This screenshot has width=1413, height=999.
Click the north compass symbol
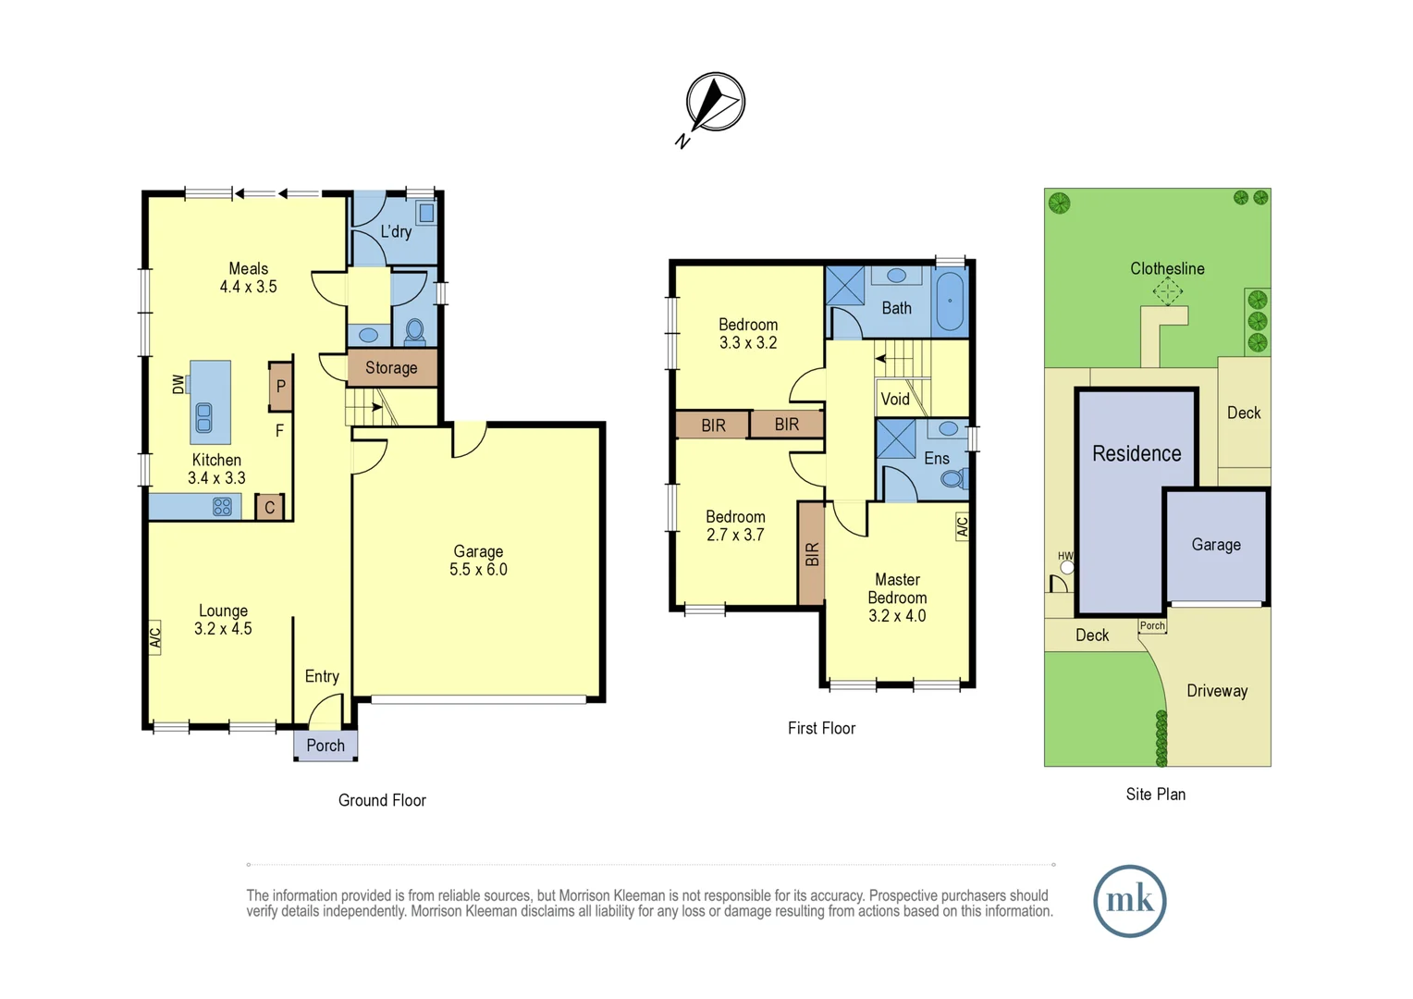click(x=715, y=102)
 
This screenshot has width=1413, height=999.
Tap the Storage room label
click(x=391, y=368)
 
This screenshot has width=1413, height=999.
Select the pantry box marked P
click(x=281, y=387)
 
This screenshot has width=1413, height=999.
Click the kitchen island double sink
click(x=204, y=418)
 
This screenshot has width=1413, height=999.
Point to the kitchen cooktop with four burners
click(x=222, y=507)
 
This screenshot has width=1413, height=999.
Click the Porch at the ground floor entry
click(x=326, y=746)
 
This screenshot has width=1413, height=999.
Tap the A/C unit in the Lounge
click(x=155, y=637)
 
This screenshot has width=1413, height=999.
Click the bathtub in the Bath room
click(x=950, y=301)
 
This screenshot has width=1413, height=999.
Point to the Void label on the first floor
click(x=894, y=400)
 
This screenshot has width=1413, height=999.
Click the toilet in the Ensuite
click(x=952, y=479)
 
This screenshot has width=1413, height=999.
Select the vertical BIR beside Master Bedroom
click(x=811, y=554)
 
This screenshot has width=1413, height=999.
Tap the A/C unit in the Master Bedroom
click(x=962, y=526)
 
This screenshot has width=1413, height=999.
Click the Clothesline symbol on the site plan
click(x=1167, y=292)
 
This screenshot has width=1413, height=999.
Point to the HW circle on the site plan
click(x=1067, y=567)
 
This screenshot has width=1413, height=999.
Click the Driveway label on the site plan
click(x=1217, y=691)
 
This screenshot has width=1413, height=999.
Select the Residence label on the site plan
click(x=1137, y=454)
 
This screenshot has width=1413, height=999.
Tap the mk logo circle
click(x=1129, y=901)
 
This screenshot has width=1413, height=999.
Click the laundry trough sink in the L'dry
click(x=426, y=214)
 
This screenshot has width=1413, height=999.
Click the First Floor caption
click(x=821, y=729)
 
